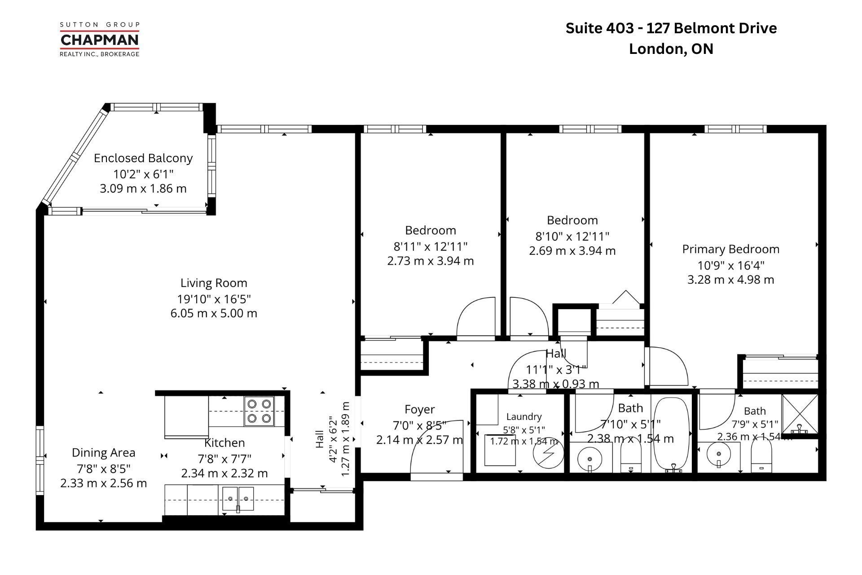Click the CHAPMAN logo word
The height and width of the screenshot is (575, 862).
pyautogui.click(x=100, y=40)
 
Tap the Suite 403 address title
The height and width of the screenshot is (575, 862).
pyautogui.click(x=671, y=38)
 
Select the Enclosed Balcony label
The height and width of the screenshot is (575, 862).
pyautogui.click(x=143, y=158)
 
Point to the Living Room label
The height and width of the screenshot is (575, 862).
pyautogui.click(x=214, y=283)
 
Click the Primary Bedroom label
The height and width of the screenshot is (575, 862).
pyautogui.click(x=730, y=249)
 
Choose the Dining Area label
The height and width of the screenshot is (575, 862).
pyautogui.click(x=104, y=453)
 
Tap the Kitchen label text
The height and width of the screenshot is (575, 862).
pyautogui.click(x=224, y=443)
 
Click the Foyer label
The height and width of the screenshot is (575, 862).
pyautogui.click(x=420, y=410)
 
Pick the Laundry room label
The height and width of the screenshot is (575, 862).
pyautogui.click(x=524, y=417)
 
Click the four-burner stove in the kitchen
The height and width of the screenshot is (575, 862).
pyautogui.click(x=259, y=411)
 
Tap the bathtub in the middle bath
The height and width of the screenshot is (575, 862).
pyautogui.click(x=670, y=435)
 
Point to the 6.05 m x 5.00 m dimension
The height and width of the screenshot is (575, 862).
pyautogui.click(x=214, y=314)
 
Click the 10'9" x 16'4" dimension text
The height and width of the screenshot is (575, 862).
pyautogui.click(x=730, y=265)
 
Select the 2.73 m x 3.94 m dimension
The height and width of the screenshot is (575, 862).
pyautogui.click(x=431, y=261)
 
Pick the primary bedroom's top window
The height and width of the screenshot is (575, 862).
pyautogui.click(x=735, y=129)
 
